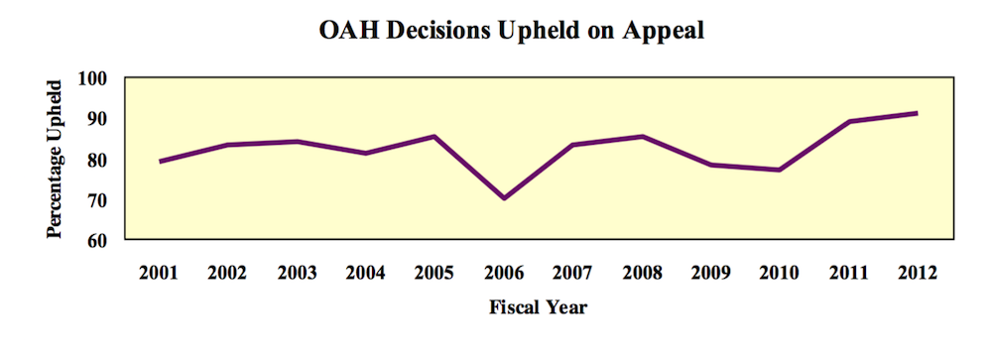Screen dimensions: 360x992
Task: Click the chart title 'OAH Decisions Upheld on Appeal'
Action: click(511, 31)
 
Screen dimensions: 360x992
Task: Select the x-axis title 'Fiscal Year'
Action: click(539, 307)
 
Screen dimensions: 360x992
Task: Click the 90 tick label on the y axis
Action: click(106, 118)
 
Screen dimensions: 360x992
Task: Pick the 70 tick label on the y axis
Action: click(106, 199)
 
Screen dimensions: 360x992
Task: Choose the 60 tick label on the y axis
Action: click(106, 240)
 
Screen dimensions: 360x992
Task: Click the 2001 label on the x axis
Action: click(159, 273)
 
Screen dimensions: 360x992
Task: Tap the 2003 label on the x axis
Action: click(297, 273)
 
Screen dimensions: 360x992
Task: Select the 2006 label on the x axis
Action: click(504, 273)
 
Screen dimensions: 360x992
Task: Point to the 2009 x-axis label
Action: click(710, 273)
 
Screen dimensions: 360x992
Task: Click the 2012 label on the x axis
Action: click(918, 273)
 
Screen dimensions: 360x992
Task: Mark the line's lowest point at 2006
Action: click(504, 198)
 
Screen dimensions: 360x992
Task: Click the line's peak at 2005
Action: click(434, 137)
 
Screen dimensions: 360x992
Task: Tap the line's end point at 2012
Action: click(918, 113)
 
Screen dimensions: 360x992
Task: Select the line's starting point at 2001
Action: click(159, 162)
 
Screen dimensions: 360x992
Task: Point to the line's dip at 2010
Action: click(780, 170)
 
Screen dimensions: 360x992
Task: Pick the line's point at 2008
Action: click(642, 137)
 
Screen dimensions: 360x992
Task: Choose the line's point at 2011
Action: click(849, 121)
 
